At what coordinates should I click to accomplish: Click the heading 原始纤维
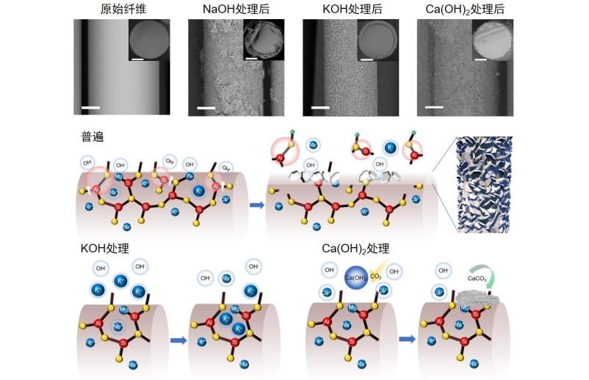click(121, 9)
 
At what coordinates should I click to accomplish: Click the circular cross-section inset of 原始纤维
click(149, 40)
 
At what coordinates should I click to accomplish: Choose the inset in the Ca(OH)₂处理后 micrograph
click(493, 40)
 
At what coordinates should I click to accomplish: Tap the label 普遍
click(93, 137)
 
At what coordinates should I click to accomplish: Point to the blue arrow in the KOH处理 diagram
click(178, 340)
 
